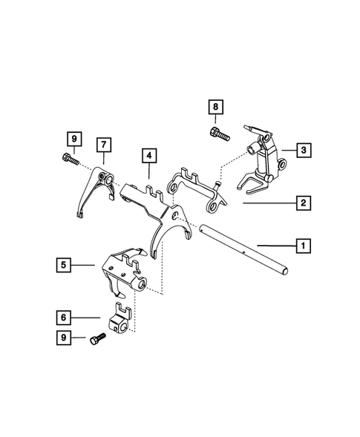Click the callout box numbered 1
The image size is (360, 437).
coord(302,243)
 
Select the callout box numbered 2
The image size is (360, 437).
coord(302,202)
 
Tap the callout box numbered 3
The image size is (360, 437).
coord(302,151)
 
